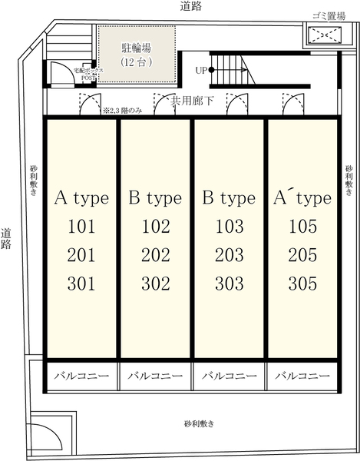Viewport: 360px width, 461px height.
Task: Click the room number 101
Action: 81,227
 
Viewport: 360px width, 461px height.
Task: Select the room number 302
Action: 156,284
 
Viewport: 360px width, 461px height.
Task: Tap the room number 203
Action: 230,255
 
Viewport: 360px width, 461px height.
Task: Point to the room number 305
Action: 302,284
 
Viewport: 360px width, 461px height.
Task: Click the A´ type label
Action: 302,198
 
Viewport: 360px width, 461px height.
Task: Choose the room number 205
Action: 302,255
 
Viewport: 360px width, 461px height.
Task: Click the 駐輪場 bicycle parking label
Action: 137,48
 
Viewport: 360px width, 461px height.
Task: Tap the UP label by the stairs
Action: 201,70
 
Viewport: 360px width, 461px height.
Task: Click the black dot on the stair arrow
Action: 211,70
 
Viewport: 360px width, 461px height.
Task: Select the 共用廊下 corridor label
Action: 192,101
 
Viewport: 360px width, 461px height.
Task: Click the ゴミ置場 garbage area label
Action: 329,16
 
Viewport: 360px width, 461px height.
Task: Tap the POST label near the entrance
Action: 88,78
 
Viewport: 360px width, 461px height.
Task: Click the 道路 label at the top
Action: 191,6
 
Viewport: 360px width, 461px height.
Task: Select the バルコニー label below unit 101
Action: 81,376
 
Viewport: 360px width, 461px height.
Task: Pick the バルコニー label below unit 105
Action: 302,376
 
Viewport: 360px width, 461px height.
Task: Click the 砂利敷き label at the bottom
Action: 199,424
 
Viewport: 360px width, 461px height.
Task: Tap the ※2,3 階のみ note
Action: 123,111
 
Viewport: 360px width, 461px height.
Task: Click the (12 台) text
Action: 137,62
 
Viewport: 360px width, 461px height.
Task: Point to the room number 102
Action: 156,227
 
